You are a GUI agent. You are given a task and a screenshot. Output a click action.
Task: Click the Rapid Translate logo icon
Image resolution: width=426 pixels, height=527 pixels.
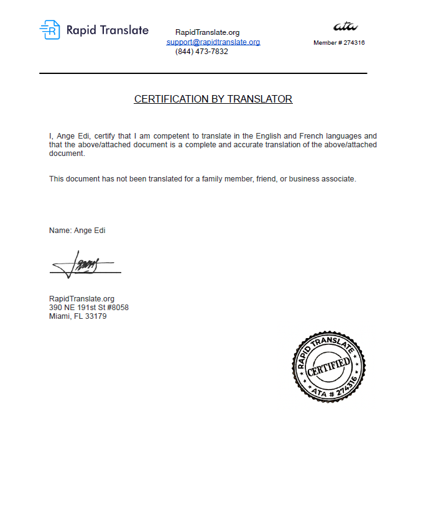(50, 30)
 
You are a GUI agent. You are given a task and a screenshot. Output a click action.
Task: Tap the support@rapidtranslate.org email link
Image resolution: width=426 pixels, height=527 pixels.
(213, 42)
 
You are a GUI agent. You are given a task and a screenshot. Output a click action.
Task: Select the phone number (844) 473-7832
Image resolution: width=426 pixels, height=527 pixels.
(201, 52)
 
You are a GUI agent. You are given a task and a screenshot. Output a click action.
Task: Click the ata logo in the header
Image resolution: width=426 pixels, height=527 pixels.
(345, 26)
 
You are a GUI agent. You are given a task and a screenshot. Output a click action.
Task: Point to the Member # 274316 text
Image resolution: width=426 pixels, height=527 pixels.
(339, 43)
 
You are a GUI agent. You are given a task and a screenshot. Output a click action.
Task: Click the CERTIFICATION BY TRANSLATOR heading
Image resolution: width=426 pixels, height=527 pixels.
(213, 99)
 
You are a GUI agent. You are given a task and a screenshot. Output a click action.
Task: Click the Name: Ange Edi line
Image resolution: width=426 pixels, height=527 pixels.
(77, 231)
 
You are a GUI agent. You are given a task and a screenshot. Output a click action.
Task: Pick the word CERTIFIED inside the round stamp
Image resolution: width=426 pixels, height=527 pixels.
(329, 365)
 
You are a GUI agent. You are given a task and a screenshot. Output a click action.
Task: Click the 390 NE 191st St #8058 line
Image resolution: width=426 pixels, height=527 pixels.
(89, 308)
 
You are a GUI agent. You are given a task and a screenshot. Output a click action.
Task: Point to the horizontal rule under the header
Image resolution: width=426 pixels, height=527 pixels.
(203, 73)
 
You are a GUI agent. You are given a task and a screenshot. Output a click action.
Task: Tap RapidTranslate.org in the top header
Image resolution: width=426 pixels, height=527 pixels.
(207, 32)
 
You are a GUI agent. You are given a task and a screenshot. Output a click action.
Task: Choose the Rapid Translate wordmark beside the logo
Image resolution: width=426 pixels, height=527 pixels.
(107, 30)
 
